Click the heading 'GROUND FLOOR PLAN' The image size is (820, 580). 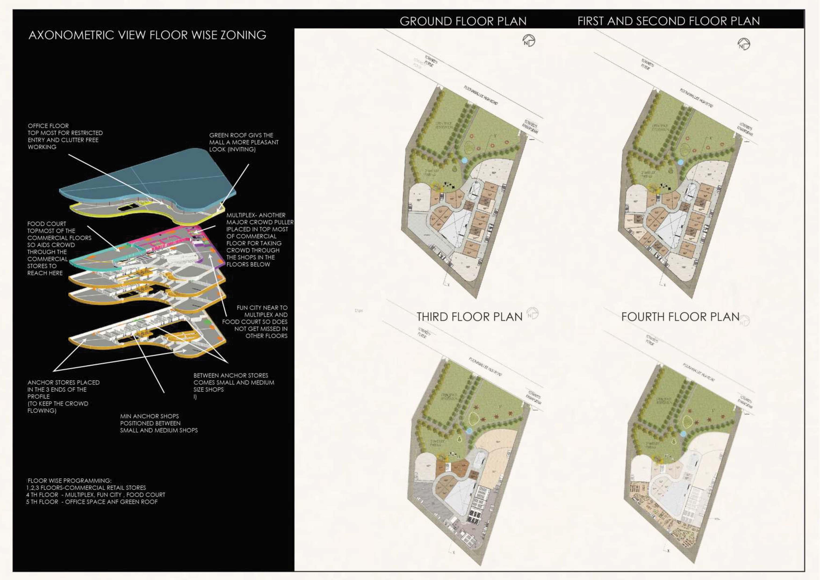463,22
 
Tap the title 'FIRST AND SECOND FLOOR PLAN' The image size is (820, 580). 668,22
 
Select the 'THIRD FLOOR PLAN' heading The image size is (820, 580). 469,317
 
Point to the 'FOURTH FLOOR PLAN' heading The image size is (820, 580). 680,317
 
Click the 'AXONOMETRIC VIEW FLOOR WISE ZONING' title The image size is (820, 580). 147,35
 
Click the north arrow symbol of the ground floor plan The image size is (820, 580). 529,40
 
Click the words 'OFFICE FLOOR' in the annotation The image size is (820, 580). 48,126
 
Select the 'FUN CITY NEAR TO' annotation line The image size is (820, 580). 262,308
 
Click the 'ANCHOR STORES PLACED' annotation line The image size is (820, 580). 64,382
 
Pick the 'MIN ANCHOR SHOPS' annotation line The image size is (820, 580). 149,416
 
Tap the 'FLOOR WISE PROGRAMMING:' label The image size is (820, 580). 69,481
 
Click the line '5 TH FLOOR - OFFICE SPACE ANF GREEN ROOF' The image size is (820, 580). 92,502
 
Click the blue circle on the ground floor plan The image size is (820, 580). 464,161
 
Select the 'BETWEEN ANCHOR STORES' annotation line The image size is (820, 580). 231,375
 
